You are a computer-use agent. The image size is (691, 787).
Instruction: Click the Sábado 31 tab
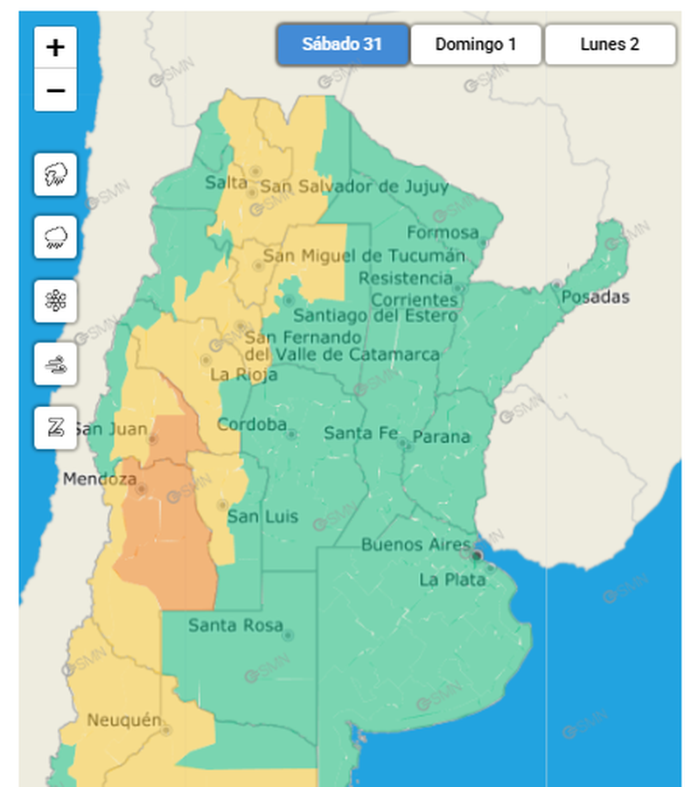tap(343, 45)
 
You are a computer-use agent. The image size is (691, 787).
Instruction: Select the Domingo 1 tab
tap(476, 45)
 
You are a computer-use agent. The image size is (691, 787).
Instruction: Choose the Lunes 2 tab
tap(610, 45)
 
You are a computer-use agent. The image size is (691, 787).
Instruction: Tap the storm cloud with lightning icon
tap(56, 173)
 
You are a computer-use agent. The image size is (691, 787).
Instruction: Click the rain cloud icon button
tap(56, 237)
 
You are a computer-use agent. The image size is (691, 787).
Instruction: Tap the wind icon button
tap(56, 364)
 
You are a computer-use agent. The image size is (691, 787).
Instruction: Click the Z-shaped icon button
tap(56, 428)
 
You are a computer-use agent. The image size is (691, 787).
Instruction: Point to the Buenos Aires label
tap(416, 545)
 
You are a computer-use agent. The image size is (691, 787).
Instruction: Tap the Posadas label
tap(595, 297)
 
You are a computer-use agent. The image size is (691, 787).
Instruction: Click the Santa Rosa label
tap(236, 625)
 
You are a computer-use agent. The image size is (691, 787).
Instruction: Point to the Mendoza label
tap(100, 480)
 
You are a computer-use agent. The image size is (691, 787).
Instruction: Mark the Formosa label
tap(443, 233)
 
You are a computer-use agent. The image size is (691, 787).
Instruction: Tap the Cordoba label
tap(252, 425)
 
